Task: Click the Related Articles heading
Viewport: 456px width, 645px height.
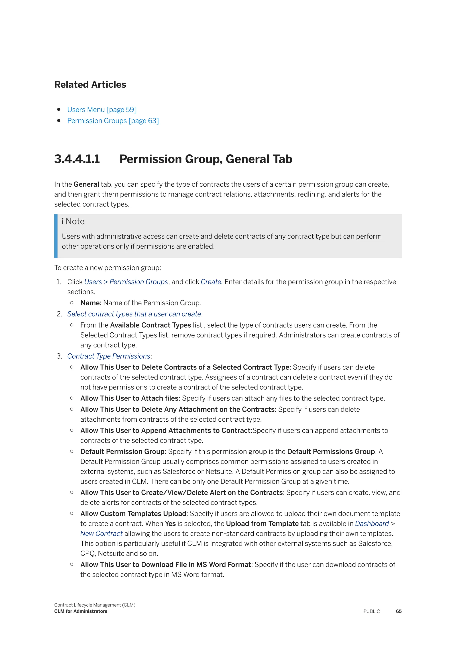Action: coord(90,85)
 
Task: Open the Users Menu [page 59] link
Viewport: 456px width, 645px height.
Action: coord(102,110)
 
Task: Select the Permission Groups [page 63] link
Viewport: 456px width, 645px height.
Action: coord(113,121)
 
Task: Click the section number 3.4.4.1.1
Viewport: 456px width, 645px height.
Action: coord(77,159)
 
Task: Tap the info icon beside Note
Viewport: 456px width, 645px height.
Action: coord(63,221)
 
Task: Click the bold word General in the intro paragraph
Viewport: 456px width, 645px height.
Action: coord(86,184)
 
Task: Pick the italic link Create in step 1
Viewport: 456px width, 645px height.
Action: coord(211,282)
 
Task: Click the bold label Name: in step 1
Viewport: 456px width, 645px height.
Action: coord(91,303)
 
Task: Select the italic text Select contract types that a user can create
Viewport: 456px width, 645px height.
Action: coord(134,314)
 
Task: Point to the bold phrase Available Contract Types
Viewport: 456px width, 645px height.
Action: coord(150,325)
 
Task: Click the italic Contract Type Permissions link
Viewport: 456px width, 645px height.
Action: coord(109,356)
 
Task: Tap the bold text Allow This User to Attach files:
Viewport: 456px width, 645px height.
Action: coord(130,398)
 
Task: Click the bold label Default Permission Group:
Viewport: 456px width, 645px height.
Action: coord(123,451)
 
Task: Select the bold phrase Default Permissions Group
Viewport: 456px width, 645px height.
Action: coord(331,451)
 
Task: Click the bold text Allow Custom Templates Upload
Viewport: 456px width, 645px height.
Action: coord(133,514)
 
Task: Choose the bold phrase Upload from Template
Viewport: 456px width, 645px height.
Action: coord(262,524)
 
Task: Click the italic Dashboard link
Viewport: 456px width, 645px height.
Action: coord(372,524)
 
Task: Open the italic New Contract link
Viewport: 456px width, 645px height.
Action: coord(101,533)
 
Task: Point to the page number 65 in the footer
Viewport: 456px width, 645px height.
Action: coord(398,611)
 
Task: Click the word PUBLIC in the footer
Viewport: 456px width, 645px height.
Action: coord(371,611)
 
